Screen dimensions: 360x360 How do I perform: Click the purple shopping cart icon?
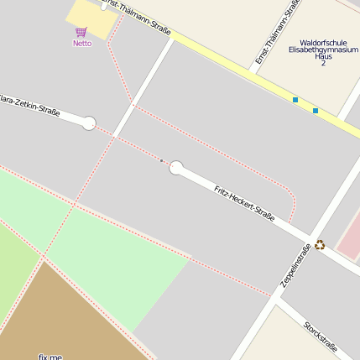coord(81,32)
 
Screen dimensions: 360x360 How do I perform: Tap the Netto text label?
coord(81,43)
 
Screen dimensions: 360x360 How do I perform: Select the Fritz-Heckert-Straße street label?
coord(244,203)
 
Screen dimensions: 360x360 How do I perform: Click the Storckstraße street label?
coord(321,337)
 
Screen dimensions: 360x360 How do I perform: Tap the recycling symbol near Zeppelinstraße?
coord(320,245)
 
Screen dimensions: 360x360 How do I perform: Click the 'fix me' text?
coord(50,357)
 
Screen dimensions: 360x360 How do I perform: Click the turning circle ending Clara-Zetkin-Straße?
coord(89,123)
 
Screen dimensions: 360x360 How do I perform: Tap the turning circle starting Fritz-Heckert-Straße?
coord(176,168)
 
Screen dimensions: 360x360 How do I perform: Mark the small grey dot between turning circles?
coord(161,160)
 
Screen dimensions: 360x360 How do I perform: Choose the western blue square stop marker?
coord(295,100)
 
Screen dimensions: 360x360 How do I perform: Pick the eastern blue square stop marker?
coord(316,110)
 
